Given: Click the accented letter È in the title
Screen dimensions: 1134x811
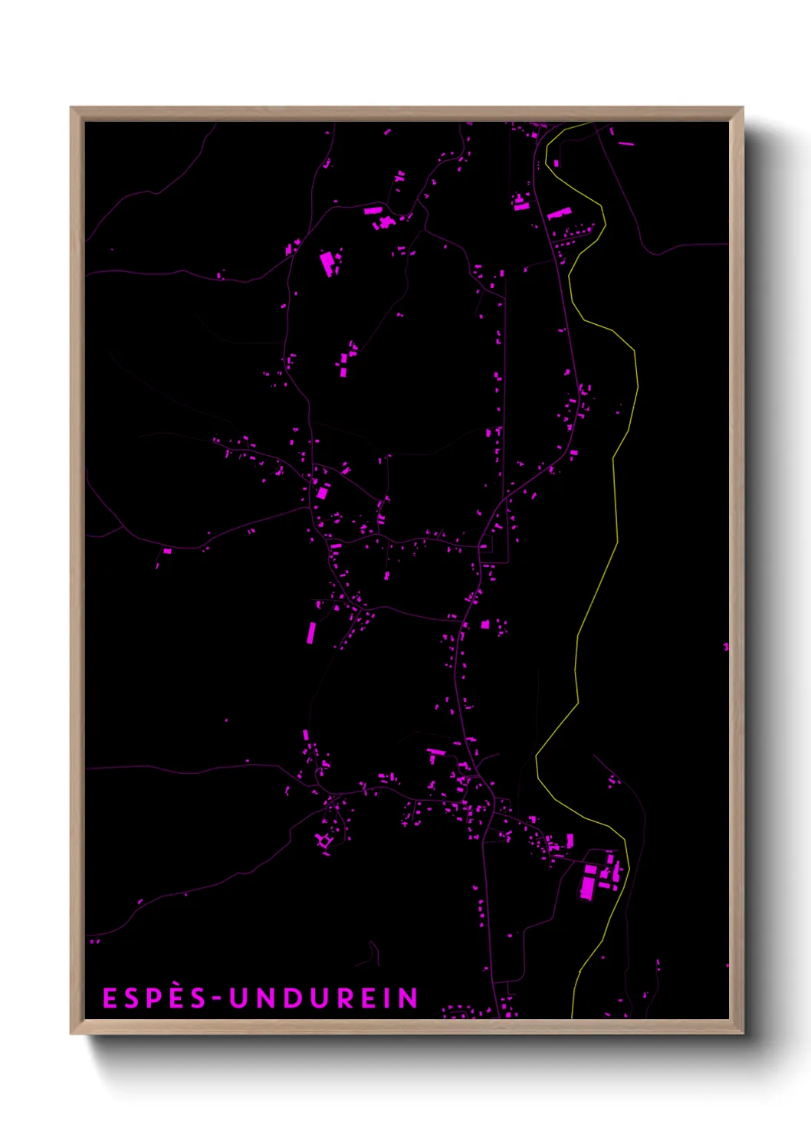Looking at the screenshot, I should (177, 998).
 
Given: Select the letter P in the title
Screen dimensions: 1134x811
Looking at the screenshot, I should (153, 998).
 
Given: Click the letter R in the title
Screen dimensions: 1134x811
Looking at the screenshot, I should (341, 998).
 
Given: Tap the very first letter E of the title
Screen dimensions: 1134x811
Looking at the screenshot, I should (110, 998).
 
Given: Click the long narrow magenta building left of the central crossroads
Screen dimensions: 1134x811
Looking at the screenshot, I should (311, 633).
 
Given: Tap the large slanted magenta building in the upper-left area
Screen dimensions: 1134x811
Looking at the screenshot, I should (327, 263).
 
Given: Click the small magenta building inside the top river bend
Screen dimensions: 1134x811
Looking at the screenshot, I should (557, 163).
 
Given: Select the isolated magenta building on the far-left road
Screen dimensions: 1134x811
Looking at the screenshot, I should (167, 550).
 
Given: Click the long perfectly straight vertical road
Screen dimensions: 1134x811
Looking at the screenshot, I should (505, 421).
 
